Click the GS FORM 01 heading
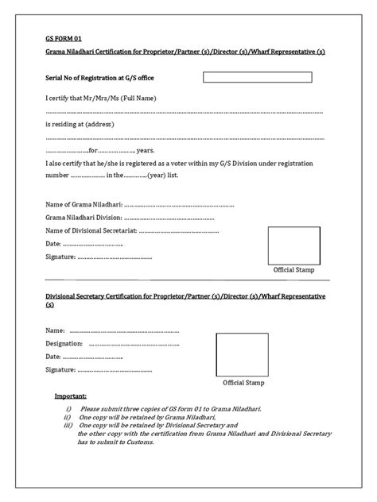point(63,37)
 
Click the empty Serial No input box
point(263,78)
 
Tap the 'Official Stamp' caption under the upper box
point(293,270)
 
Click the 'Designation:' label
point(64,344)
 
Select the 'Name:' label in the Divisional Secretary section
point(55,330)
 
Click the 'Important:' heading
point(71,396)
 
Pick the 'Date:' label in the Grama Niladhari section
point(53,244)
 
